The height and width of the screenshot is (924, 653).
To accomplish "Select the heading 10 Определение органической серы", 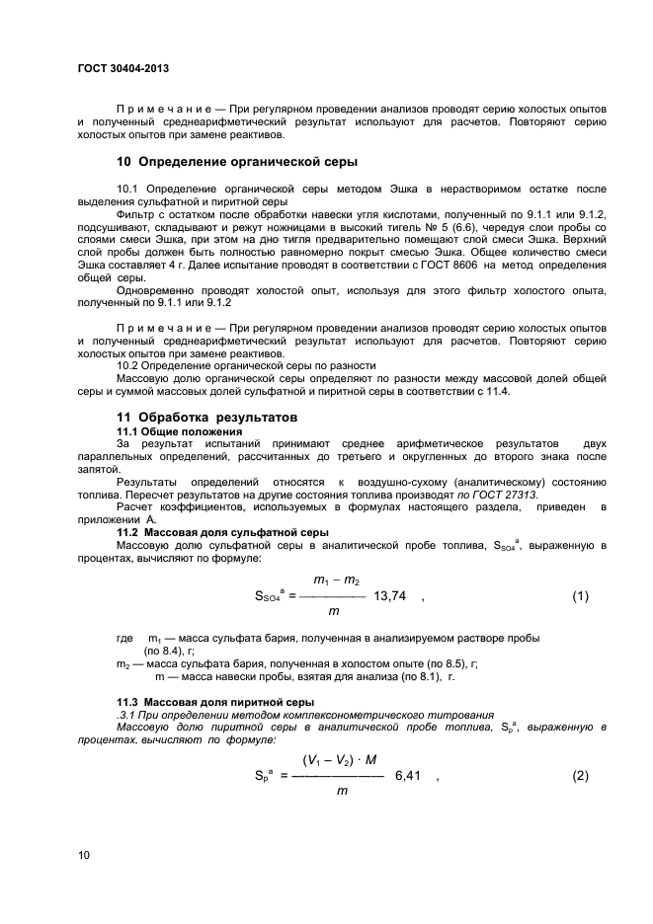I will coord(237,160).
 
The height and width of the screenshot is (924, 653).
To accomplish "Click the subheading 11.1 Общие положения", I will coord(179,432).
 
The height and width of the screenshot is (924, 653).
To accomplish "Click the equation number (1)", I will coord(580,595).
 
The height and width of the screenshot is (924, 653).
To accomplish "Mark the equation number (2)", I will coord(580,775).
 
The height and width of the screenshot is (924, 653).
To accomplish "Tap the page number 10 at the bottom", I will coord(84,854).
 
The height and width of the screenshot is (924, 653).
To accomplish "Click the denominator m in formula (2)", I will coord(341,791).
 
